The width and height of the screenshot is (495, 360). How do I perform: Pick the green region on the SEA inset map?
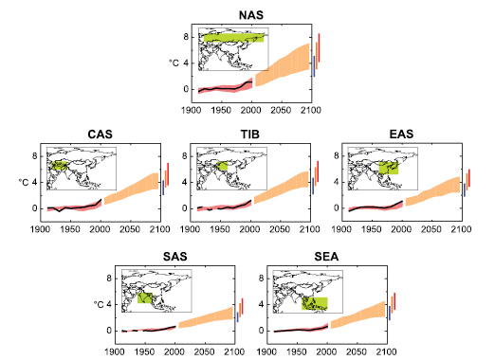coord(314,303)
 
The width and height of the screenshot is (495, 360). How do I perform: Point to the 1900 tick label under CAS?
coord(41,229)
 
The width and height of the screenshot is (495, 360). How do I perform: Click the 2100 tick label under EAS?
coord(463,229)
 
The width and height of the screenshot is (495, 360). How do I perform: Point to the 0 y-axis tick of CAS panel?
coord(35,207)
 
